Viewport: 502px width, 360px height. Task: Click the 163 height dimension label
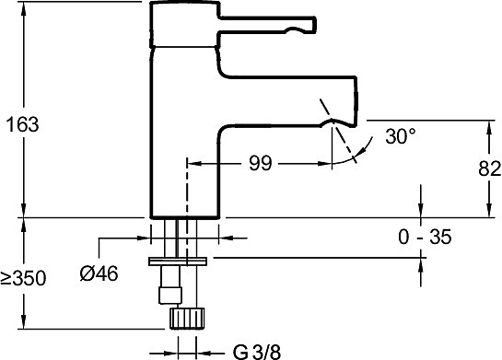[22, 124]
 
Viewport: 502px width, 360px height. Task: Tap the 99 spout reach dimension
[261, 163]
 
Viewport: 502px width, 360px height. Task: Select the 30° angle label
[400, 136]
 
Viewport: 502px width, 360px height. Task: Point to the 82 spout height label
[489, 168]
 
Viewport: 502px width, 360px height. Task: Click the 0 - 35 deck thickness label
[425, 238]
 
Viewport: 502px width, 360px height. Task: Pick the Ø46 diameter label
[99, 273]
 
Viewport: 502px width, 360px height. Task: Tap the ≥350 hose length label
[23, 278]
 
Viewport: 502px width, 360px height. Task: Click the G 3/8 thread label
[257, 353]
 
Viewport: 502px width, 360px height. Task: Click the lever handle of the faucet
[268, 24]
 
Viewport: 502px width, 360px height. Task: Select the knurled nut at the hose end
[187, 318]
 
